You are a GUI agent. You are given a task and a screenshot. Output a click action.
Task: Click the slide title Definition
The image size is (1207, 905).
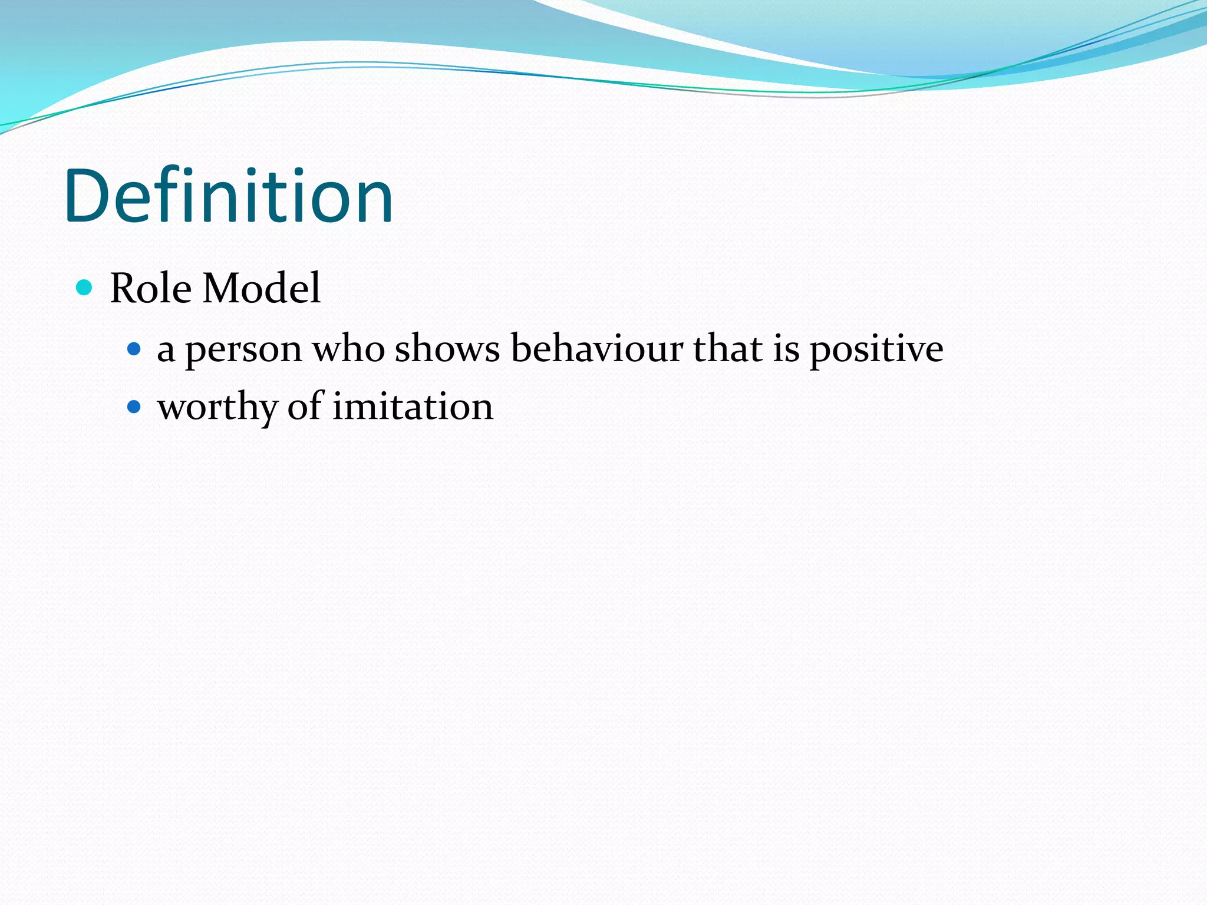tap(229, 196)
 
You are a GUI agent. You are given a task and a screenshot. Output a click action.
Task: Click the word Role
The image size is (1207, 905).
tap(151, 288)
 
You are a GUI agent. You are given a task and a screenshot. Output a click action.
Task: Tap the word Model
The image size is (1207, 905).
tap(261, 288)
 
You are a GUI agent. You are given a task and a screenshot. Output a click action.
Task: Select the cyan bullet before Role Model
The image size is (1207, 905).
tap(85, 288)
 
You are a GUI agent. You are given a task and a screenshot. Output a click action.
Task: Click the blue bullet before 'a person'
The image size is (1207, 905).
tap(134, 349)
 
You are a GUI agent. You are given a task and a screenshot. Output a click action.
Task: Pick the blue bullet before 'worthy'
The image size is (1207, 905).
tap(134, 407)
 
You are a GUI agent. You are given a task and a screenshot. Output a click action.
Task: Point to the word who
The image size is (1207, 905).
tap(348, 349)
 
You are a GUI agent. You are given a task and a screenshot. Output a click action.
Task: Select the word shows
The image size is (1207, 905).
tap(447, 349)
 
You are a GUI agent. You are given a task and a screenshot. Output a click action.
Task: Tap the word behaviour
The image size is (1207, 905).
tap(596, 348)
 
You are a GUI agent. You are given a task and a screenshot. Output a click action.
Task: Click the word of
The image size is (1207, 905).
tap(305, 406)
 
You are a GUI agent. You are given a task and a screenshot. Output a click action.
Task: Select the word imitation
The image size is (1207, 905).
tap(413, 407)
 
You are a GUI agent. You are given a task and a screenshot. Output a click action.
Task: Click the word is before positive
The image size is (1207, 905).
tap(786, 348)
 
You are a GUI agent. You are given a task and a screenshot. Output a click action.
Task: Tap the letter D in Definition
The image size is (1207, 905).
tap(88, 196)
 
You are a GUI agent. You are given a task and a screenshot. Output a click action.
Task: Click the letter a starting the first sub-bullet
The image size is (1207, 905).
tap(166, 351)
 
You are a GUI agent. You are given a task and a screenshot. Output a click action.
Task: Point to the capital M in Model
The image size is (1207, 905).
tap(223, 288)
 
